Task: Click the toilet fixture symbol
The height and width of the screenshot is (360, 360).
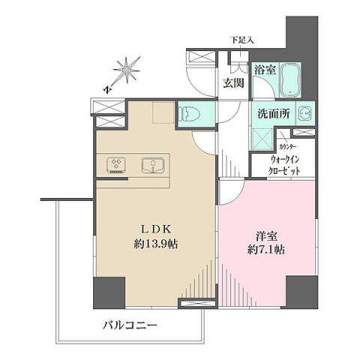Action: pos(190,114)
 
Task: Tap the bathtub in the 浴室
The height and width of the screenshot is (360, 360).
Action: pos(290,80)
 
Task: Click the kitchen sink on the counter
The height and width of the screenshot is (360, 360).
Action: pos(153,165)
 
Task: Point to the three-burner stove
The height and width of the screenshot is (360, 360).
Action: pos(116,165)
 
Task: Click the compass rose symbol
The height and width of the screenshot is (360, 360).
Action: pos(127,70)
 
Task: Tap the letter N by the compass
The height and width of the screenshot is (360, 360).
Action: pos(107,89)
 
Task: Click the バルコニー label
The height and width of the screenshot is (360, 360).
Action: pos(130,325)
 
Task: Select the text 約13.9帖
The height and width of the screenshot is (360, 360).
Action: pos(156,244)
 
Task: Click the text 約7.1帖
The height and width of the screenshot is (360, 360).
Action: pos(266,250)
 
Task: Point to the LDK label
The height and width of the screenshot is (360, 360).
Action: pos(156,229)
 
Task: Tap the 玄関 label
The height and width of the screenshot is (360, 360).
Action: pos(233,82)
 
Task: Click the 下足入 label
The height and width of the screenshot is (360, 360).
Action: pos(242,40)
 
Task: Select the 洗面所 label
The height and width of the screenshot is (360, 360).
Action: pos(274,114)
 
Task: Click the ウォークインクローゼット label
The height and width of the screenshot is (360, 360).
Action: pos(284,165)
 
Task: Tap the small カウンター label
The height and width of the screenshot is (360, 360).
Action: pos(288,147)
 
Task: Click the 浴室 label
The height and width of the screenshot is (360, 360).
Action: pos(265,70)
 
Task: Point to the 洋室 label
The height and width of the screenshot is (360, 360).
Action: pos(266,236)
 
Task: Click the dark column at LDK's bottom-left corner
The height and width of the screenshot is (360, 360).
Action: pos(109,292)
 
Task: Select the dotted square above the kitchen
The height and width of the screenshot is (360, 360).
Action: pos(163,112)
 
